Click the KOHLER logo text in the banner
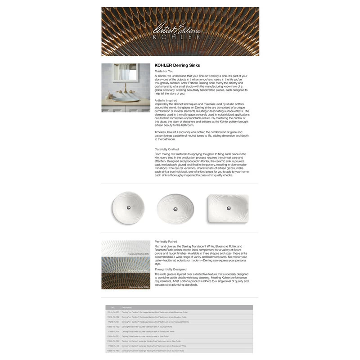180,37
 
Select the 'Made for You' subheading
164,71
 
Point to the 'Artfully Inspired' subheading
166,100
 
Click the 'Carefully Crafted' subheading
166,149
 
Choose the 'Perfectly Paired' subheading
166,242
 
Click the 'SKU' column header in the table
113,307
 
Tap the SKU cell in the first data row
113,312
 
